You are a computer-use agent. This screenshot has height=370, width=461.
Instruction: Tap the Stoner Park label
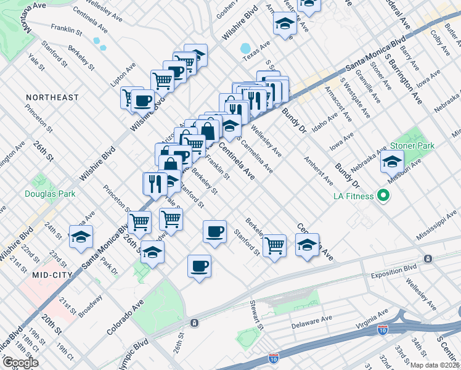[x=412, y=146]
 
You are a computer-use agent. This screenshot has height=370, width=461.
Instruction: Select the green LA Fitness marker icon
[x=383, y=196]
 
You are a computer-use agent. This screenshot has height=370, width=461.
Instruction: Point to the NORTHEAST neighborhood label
[x=52, y=97]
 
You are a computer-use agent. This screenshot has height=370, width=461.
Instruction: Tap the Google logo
[x=20, y=363]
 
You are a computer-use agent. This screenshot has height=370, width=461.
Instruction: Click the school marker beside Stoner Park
[x=392, y=162]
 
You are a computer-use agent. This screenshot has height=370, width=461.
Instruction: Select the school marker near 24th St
[x=81, y=237]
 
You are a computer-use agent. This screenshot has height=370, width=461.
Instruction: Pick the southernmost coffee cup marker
[x=198, y=266]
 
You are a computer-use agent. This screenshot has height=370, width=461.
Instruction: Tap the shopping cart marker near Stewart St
[x=274, y=245]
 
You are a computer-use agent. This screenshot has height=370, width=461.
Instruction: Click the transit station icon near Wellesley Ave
[x=428, y=258]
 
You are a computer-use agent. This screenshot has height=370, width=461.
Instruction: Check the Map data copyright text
[x=435, y=364]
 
